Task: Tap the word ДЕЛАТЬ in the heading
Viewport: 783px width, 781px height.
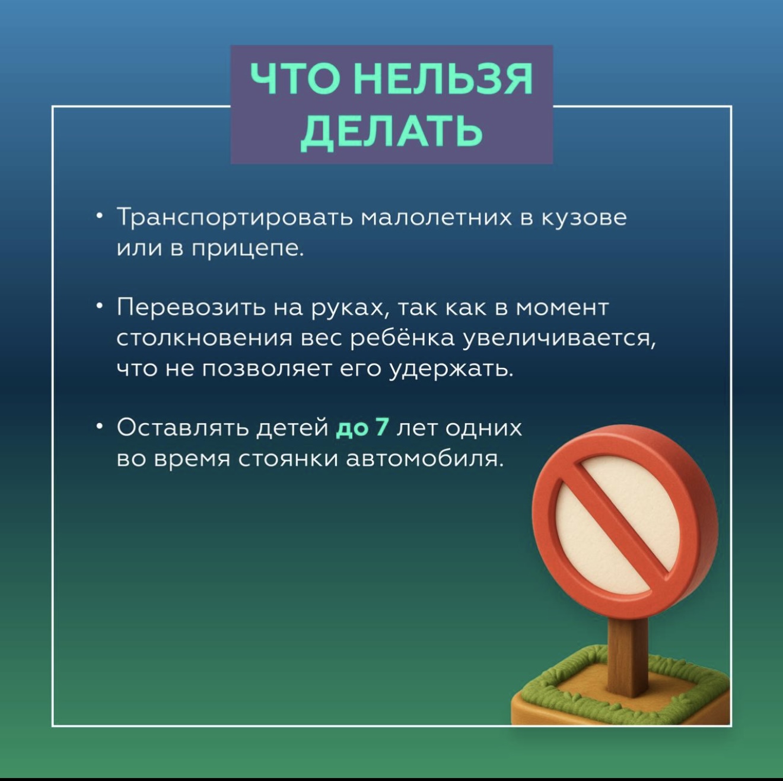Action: coord(391,132)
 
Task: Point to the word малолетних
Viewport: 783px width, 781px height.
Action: coord(437,218)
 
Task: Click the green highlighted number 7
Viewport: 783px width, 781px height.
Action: coord(382,427)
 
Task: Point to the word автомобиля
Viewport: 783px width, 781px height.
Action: coord(424,459)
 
